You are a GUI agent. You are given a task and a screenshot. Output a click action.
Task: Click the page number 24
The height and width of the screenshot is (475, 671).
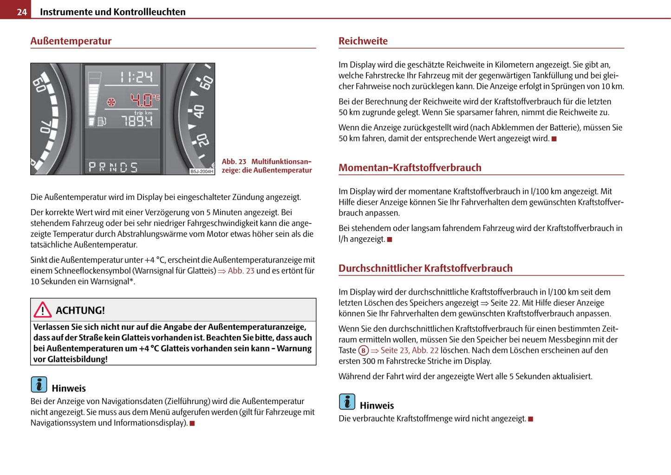click(21, 12)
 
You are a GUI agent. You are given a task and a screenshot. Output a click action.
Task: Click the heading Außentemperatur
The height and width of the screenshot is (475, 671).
click(71, 41)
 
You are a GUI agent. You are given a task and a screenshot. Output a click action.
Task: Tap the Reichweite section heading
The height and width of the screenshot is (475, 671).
click(363, 41)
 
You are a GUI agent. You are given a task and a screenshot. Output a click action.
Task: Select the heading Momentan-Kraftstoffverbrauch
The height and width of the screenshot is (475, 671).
click(410, 167)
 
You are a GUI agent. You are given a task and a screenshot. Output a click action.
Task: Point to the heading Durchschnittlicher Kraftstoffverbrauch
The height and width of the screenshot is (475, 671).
click(425, 268)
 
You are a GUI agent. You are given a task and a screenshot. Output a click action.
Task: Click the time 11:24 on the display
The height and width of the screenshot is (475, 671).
click(136, 77)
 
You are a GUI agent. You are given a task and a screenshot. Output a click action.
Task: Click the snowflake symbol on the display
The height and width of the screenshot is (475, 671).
click(111, 102)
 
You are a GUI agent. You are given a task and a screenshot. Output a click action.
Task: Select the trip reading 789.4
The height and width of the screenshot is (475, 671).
click(137, 122)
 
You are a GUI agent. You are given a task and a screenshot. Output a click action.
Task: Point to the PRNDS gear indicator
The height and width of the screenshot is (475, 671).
click(113, 167)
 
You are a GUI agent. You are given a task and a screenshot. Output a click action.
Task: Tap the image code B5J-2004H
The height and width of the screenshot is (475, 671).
click(202, 172)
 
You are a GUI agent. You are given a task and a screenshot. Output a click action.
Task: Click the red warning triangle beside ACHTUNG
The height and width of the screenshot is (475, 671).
click(42, 309)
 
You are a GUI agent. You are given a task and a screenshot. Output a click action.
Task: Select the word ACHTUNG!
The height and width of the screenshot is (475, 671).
click(80, 310)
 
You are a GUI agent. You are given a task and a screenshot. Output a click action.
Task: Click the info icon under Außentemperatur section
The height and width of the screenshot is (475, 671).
click(39, 385)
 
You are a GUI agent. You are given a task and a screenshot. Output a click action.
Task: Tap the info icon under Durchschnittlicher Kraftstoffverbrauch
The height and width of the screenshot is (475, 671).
click(347, 402)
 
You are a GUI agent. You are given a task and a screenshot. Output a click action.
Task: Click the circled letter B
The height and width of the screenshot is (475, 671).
click(363, 351)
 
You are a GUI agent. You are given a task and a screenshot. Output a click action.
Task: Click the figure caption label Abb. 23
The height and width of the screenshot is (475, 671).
click(234, 161)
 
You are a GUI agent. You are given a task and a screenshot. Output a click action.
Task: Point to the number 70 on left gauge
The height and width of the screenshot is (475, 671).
click(45, 127)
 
